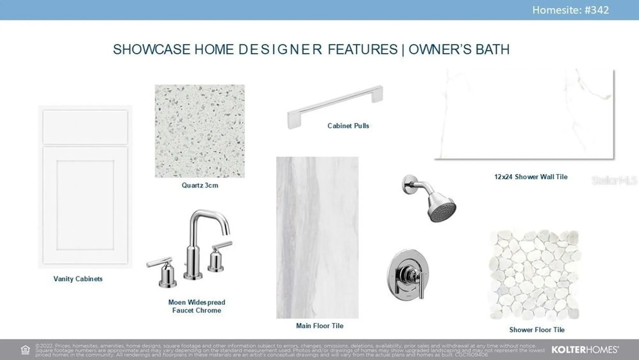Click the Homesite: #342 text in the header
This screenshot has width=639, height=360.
point(570,10)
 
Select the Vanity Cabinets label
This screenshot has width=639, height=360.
point(78,279)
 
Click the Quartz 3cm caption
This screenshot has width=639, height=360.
point(200,185)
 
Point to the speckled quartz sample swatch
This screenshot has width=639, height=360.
point(200,131)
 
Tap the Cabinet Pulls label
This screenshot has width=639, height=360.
point(348,126)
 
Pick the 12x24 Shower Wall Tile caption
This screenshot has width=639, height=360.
point(531,177)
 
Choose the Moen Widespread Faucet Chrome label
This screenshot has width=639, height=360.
point(196,306)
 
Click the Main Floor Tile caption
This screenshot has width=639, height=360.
point(319,326)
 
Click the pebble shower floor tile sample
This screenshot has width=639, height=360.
point(535,275)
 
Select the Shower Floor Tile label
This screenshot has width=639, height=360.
point(537,330)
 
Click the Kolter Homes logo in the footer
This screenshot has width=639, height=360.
point(585,349)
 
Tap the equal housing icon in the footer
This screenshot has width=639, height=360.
point(25,349)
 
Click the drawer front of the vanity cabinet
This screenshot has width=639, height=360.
point(85,127)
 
